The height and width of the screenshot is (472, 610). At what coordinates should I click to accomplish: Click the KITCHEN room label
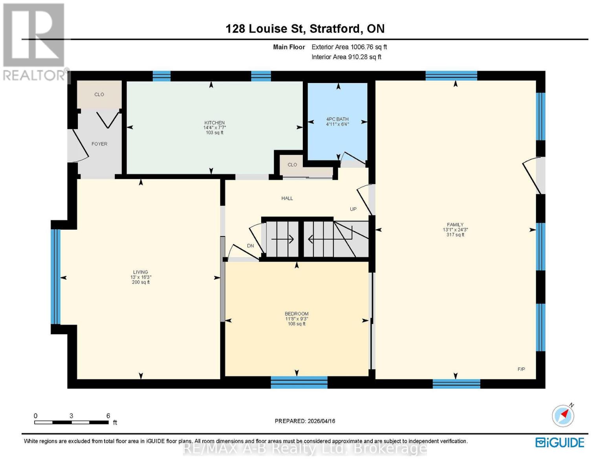click(214, 123)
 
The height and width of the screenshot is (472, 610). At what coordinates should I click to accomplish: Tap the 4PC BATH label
click(337, 119)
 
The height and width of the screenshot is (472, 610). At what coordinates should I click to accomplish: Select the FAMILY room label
click(455, 225)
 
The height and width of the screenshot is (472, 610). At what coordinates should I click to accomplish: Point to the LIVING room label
click(140, 272)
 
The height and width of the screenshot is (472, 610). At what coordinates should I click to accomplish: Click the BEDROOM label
click(297, 313)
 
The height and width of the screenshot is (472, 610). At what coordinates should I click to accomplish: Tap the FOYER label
click(99, 144)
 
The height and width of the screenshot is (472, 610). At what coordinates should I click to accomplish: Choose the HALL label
click(287, 198)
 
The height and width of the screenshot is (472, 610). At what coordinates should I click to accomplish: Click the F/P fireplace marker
click(521, 369)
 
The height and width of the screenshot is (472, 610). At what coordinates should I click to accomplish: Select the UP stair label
click(353, 209)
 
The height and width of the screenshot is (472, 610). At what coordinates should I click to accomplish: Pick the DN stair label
click(250, 246)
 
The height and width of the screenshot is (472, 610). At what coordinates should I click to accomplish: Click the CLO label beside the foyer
click(99, 94)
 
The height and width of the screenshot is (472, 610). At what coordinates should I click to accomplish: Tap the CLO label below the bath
click(292, 164)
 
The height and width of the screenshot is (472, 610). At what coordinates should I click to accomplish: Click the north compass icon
click(563, 415)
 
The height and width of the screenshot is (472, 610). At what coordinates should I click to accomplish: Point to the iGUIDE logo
click(560, 442)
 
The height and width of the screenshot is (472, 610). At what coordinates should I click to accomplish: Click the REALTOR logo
click(35, 41)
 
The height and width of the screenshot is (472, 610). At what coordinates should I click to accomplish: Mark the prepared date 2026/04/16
click(305, 421)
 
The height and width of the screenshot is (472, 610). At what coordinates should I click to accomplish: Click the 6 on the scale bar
click(108, 416)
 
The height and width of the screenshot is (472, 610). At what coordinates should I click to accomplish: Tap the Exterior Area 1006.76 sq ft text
click(349, 47)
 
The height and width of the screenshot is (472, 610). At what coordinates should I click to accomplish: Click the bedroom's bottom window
click(299, 382)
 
